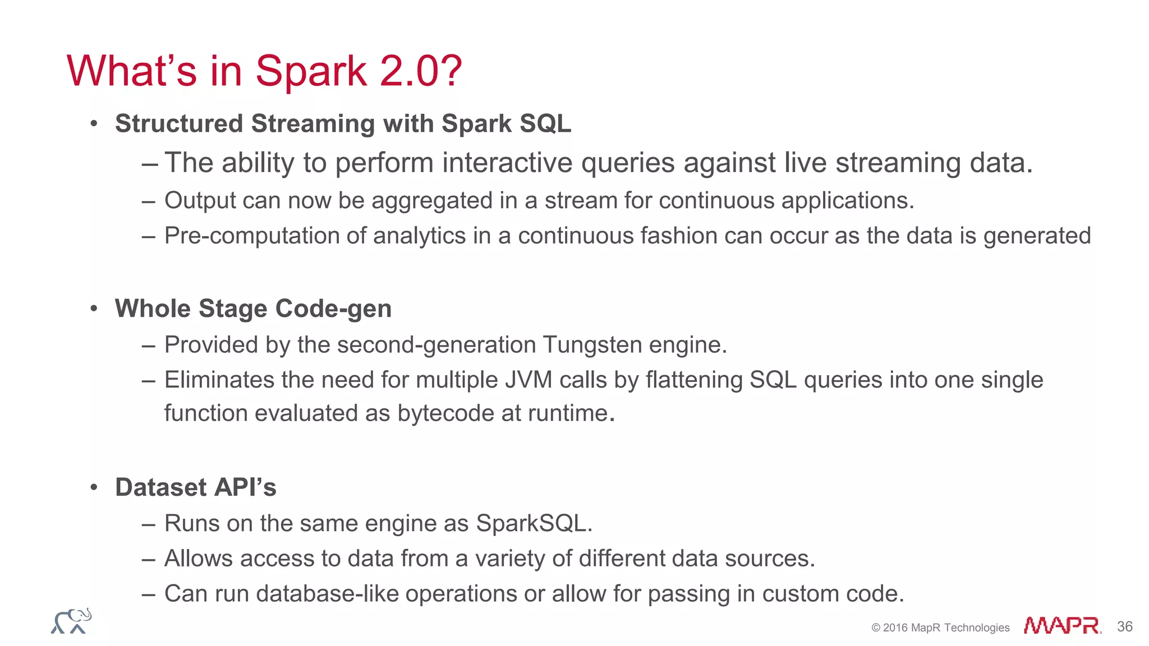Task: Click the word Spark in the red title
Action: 311,72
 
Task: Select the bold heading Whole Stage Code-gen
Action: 253,309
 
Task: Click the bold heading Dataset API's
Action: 195,487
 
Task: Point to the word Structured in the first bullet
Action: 178,124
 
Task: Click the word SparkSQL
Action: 533,524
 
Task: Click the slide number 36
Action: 1124,626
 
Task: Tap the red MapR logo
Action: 1062,625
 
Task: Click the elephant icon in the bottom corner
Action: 71,621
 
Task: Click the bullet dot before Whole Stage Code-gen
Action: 94,309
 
